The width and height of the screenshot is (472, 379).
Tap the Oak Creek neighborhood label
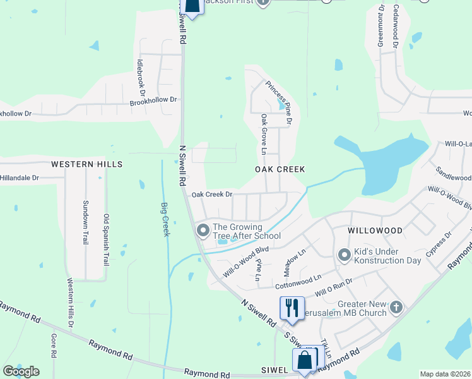point(280,170)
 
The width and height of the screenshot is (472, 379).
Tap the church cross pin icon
point(396,307)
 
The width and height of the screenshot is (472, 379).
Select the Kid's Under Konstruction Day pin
point(344,255)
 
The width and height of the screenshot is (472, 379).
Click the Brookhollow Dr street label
point(155,100)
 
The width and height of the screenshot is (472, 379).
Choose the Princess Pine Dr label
point(278,102)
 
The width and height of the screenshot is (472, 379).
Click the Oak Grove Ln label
point(263,135)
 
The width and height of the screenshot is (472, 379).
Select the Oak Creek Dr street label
point(212,195)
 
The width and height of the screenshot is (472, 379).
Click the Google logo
point(21,371)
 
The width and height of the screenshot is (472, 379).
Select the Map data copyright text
point(445,374)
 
